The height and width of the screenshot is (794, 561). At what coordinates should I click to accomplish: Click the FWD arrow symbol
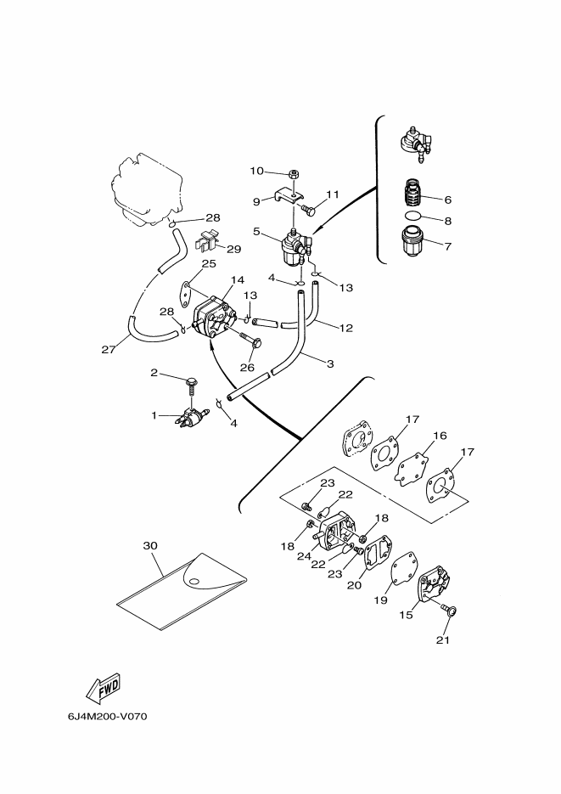[x=104, y=688]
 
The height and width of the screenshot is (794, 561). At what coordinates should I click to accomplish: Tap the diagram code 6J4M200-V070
[x=107, y=717]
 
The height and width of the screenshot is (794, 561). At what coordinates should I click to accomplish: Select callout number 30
[x=150, y=545]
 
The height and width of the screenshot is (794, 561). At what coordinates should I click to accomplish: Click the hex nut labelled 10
[x=293, y=174]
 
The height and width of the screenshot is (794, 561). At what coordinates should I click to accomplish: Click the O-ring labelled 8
[x=413, y=215]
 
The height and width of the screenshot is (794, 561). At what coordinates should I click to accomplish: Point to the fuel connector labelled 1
[x=191, y=416]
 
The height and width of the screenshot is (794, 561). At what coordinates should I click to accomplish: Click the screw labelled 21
[x=447, y=611]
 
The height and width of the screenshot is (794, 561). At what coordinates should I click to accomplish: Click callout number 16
[x=440, y=435]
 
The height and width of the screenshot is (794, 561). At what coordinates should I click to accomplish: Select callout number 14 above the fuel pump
[x=238, y=279]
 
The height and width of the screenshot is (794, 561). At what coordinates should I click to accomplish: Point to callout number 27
[x=109, y=349]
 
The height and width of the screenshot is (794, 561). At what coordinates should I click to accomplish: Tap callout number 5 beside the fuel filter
[x=256, y=232]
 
